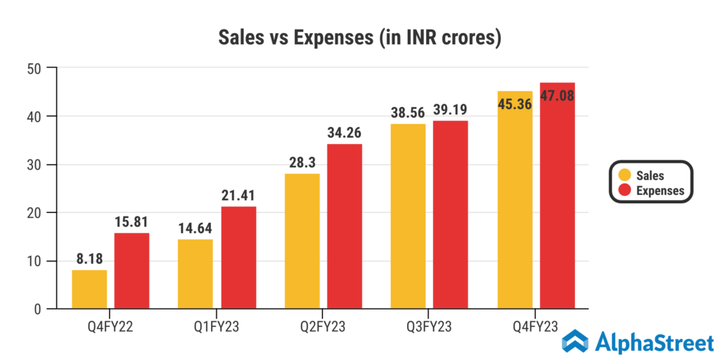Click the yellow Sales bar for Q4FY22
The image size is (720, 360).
click(89, 289)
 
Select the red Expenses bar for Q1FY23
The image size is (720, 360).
click(238, 257)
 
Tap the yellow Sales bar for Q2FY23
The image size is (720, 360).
click(302, 241)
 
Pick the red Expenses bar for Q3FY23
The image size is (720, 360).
click(451, 214)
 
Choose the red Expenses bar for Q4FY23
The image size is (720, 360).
click(558, 204)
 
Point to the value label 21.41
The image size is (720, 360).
click(238, 193)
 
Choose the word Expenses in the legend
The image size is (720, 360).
click(660, 191)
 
